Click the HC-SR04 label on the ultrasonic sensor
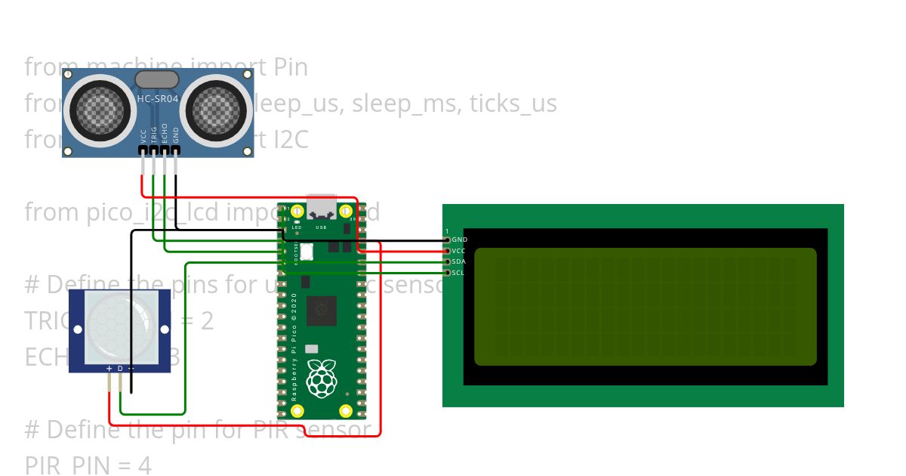click(x=157, y=98)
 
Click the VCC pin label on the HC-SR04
click(x=143, y=136)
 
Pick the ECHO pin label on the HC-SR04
click(x=165, y=134)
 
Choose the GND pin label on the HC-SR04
click(x=176, y=136)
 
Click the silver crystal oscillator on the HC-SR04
click(x=157, y=79)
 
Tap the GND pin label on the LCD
click(x=460, y=240)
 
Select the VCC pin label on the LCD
click(x=459, y=250)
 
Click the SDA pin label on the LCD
click(x=459, y=261)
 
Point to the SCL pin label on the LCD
click(x=459, y=272)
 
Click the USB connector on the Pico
click(x=321, y=207)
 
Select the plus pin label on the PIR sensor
click(x=109, y=368)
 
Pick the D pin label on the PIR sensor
click(x=120, y=368)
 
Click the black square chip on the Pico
click(x=322, y=310)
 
